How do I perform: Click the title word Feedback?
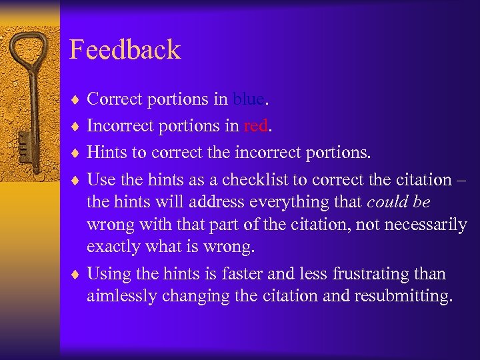pyautogui.click(x=125, y=50)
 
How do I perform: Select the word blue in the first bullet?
pyautogui.click(x=249, y=99)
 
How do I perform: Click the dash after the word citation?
pyautogui.click(x=462, y=180)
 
